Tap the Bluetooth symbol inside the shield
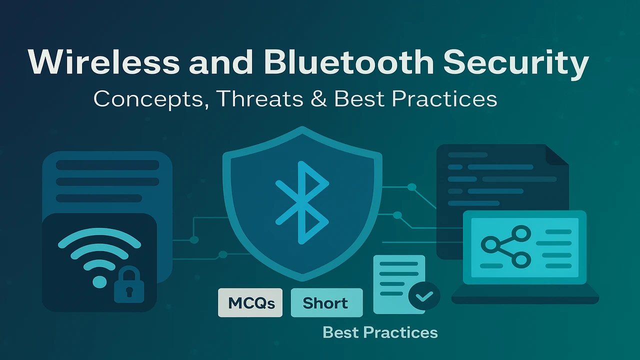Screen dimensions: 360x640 click(x=302, y=202)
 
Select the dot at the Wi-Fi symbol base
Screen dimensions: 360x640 click(x=99, y=281)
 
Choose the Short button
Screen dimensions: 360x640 click(x=326, y=302)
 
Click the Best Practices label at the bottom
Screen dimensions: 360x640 click(x=380, y=332)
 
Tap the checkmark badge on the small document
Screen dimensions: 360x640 click(x=424, y=296)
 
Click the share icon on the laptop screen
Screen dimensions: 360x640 click(x=506, y=245)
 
